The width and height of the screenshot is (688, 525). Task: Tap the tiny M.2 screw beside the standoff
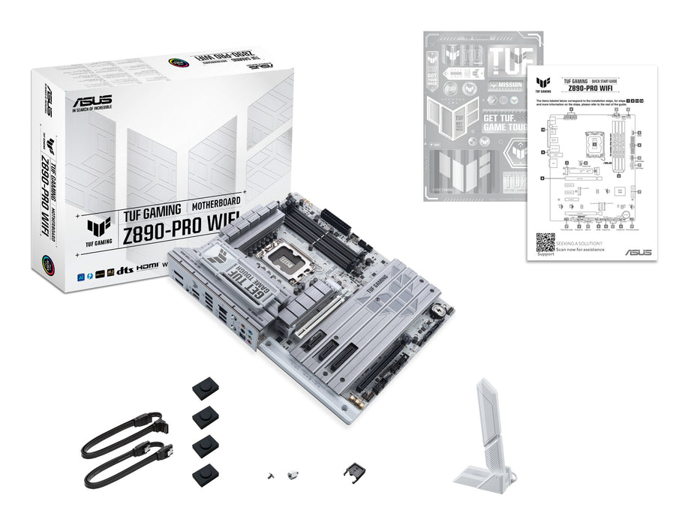[268, 475]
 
